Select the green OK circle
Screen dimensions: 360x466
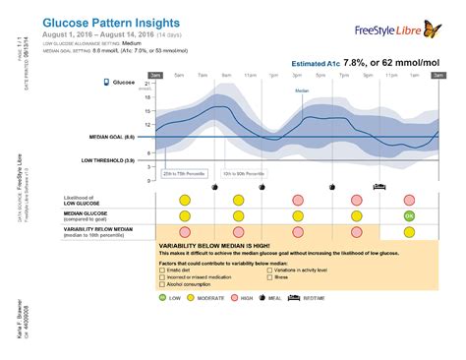(409, 215)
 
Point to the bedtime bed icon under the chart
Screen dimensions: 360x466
(377, 185)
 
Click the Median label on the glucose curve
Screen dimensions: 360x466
(302, 90)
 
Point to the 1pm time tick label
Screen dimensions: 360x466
(276, 74)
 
